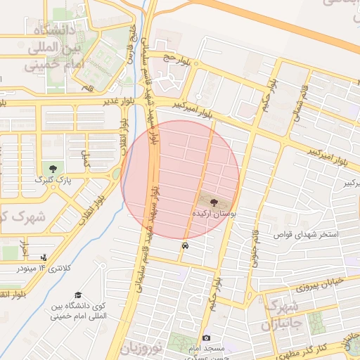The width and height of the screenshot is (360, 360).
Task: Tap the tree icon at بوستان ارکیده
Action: pos(214,200)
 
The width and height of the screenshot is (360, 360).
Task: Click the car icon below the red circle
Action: pos(184,246)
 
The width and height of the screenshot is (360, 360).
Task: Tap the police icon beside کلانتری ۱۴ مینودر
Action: pos(44,257)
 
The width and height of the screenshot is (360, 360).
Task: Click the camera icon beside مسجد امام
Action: pos(205,339)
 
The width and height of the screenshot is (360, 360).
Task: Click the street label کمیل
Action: pos(86,159)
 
